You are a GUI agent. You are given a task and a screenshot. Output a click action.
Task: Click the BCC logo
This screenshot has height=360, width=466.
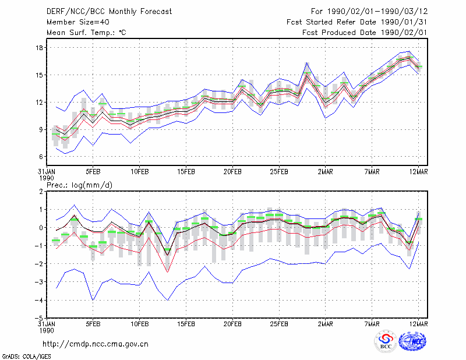[386, 343]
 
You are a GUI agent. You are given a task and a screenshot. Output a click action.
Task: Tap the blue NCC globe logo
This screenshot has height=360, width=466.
[412, 341]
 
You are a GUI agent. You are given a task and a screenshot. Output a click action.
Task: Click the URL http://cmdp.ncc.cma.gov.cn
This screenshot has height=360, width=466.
[96, 344]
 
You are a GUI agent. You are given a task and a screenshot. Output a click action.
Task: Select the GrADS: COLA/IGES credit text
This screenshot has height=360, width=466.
[26, 357]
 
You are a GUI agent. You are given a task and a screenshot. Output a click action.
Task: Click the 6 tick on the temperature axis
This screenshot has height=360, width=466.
[41, 157]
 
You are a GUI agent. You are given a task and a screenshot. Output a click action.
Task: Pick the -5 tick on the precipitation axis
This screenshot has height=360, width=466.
[38, 318]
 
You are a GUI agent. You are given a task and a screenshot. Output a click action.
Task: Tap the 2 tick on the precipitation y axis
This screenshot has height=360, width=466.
[41, 192]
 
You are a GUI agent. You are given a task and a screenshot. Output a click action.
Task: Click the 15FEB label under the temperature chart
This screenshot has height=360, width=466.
[186, 172]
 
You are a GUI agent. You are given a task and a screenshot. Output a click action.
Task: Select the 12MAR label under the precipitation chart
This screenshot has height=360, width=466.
[418, 324]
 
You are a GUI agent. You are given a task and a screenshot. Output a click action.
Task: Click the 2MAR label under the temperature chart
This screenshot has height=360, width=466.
[326, 172]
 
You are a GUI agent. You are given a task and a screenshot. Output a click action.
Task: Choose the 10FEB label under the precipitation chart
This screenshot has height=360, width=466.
[140, 324]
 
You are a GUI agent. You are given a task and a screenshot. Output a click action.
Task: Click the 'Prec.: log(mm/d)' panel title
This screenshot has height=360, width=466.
[80, 185]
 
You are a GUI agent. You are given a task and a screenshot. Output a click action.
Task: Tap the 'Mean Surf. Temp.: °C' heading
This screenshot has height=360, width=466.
[86, 33]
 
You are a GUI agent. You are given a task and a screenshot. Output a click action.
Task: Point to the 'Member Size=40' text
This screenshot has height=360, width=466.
[78, 22]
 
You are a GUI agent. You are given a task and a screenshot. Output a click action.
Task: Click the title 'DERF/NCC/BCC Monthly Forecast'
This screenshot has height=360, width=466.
[110, 12]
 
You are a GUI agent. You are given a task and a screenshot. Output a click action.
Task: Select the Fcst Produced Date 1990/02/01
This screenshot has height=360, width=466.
[365, 33]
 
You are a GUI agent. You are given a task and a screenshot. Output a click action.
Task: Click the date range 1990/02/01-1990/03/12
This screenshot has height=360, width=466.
[377, 12]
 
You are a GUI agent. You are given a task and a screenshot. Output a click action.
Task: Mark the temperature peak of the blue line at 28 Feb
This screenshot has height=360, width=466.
[307, 63]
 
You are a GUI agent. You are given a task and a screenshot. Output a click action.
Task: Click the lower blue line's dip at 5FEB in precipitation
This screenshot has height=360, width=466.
[93, 300]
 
